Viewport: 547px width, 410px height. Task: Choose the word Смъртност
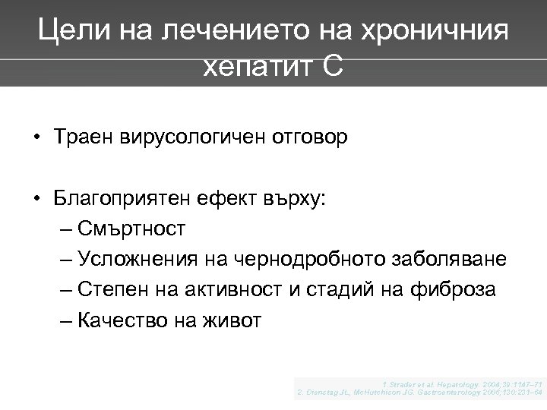click(131, 230)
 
